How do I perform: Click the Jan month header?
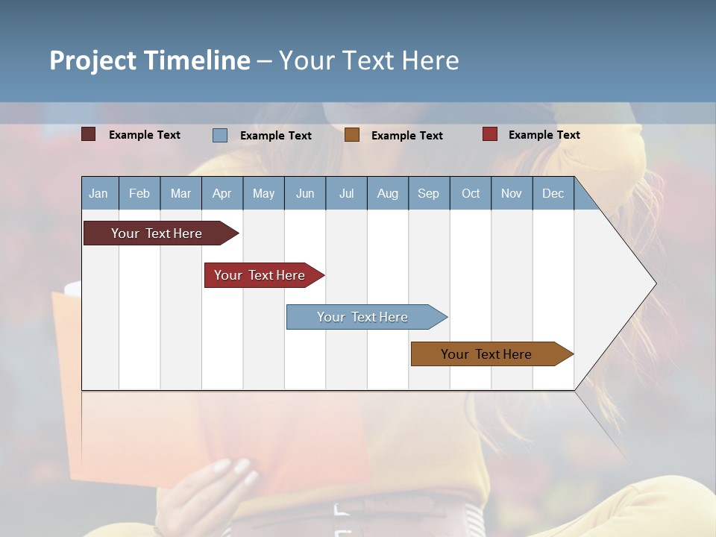pyautogui.click(x=99, y=193)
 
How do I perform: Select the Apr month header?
pyautogui.click(x=222, y=193)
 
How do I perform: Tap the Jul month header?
pyautogui.click(x=346, y=193)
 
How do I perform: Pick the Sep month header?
pyautogui.click(x=428, y=193)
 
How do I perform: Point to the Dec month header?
pyautogui.click(x=553, y=193)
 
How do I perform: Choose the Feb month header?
pyautogui.click(x=139, y=193)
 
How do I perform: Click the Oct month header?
pyautogui.click(x=471, y=193)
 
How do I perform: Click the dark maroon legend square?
pyautogui.click(x=89, y=134)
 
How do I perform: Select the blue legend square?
pyautogui.click(x=220, y=135)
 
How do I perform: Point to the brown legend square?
pyautogui.click(x=352, y=134)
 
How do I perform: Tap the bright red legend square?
pyautogui.click(x=490, y=134)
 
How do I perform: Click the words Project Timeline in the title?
pyautogui.click(x=150, y=60)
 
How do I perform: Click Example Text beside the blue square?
pyautogui.click(x=276, y=136)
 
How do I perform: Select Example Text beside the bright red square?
pyautogui.click(x=544, y=135)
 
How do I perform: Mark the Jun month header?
pyautogui.click(x=305, y=193)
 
